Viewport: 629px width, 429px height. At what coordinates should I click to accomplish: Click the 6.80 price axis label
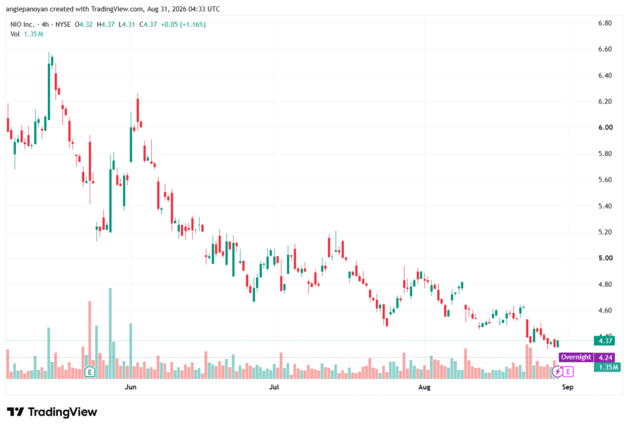[605, 23]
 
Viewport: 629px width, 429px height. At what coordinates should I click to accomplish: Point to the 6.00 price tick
[605, 128]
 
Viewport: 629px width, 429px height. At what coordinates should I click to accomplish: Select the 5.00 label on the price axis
[605, 258]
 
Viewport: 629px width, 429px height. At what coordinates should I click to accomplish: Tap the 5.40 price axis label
[605, 206]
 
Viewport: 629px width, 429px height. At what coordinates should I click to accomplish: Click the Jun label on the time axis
[130, 387]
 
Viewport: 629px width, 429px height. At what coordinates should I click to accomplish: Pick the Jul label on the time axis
[273, 387]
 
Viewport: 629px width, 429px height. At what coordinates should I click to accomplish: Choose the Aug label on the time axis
[424, 387]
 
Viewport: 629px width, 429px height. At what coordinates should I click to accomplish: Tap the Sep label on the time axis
[568, 387]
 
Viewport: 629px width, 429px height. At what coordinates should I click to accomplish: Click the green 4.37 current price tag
[605, 341]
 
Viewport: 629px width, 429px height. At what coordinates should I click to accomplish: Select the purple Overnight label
[576, 357]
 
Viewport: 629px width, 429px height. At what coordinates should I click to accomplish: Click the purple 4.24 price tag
[605, 357]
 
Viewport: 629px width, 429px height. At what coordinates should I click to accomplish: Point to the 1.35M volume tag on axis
[608, 367]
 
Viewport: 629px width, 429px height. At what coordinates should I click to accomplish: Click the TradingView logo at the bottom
[52, 412]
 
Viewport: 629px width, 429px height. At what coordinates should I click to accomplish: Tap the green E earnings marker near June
[90, 372]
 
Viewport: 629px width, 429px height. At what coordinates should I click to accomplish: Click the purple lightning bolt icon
[557, 372]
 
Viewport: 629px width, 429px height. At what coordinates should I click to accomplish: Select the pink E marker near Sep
[568, 372]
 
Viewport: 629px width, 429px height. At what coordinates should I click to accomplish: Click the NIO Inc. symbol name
[23, 25]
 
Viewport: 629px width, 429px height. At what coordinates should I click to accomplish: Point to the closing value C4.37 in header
[148, 25]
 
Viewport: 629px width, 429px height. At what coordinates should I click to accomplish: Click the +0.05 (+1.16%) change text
[183, 25]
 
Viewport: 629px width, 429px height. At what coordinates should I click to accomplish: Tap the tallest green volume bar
[111, 333]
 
